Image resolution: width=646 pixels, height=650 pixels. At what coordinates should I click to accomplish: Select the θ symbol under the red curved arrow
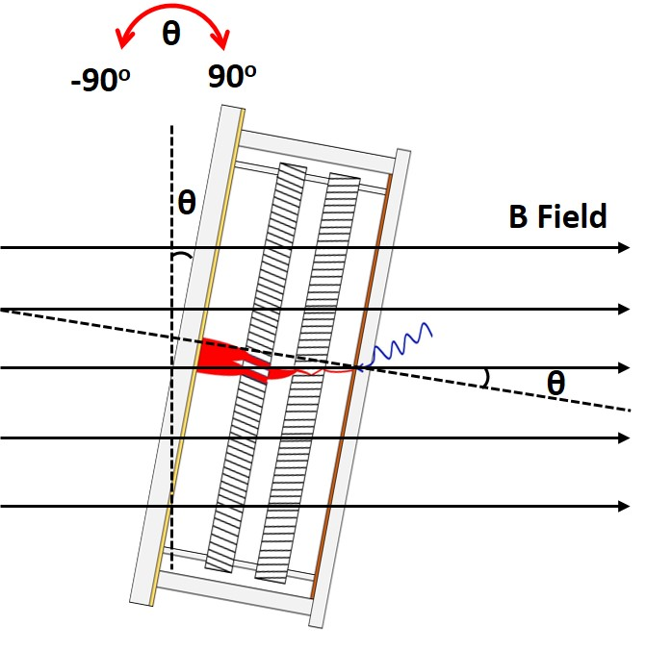tap(170, 35)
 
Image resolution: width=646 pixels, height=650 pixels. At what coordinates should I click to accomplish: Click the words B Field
tap(558, 216)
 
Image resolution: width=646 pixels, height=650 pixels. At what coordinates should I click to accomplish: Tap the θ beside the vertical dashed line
tap(187, 202)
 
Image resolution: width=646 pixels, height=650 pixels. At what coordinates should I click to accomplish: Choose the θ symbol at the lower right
tap(556, 382)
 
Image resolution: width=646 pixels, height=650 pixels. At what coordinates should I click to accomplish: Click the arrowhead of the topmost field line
tap(624, 249)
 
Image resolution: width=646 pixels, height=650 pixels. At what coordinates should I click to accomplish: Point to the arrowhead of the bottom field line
tap(624, 506)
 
